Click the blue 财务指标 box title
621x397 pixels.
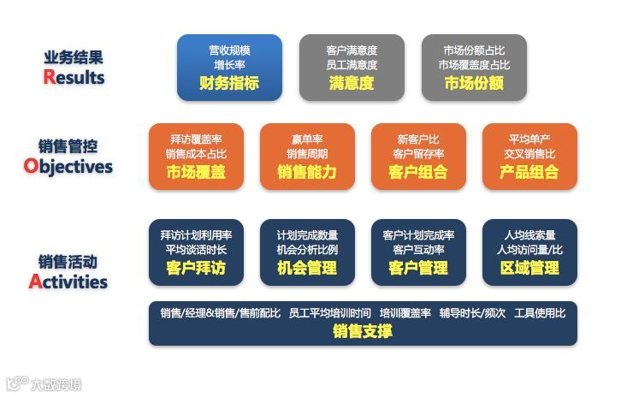click(229, 84)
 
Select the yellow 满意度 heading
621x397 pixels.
click(352, 84)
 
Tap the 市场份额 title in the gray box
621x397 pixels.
click(474, 84)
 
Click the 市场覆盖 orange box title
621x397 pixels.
click(196, 172)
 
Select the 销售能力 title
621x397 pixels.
click(307, 172)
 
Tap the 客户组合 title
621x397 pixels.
click(418, 172)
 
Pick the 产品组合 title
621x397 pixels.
click(529, 172)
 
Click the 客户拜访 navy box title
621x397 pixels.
click(196, 269)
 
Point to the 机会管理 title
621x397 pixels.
click(307, 269)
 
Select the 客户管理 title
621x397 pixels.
click(418, 269)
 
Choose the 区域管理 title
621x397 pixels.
click(529, 269)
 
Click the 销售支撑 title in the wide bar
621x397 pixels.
click(363, 331)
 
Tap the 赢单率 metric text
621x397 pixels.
click(307, 139)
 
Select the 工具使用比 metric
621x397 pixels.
click(540, 313)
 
